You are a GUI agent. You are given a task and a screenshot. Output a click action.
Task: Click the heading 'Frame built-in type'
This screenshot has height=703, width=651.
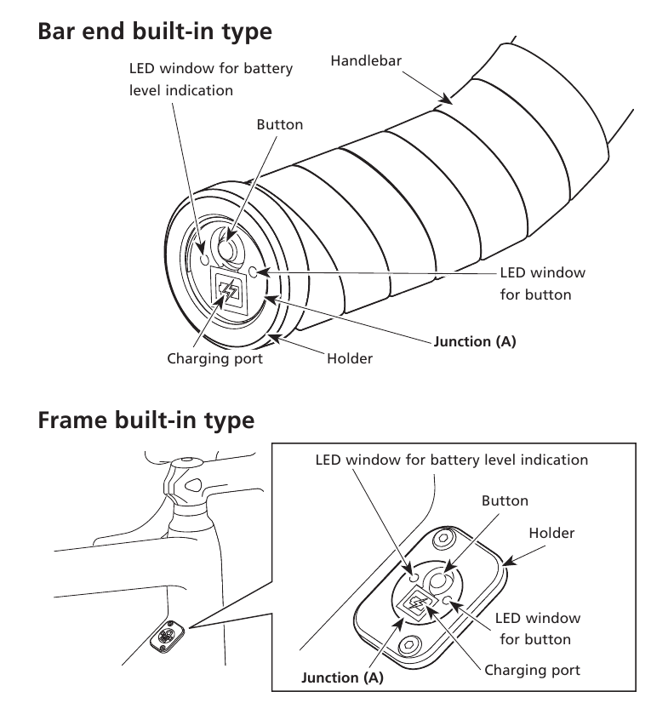coord(146,420)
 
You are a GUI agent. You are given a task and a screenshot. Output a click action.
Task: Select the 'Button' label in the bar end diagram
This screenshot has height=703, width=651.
coord(279,124)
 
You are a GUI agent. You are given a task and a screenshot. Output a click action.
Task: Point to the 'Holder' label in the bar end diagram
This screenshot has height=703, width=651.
coord(350,358)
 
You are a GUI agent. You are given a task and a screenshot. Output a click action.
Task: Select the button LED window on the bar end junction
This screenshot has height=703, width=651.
coord(255,271)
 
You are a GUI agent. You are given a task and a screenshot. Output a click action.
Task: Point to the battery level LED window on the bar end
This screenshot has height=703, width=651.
coord(203,256)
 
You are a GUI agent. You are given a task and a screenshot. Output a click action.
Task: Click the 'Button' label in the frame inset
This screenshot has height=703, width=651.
coord(505,500)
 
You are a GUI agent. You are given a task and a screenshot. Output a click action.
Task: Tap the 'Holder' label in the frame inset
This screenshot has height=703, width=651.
coord(551,533)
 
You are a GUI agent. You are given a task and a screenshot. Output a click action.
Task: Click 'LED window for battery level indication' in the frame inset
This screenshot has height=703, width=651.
coord(451,460)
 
